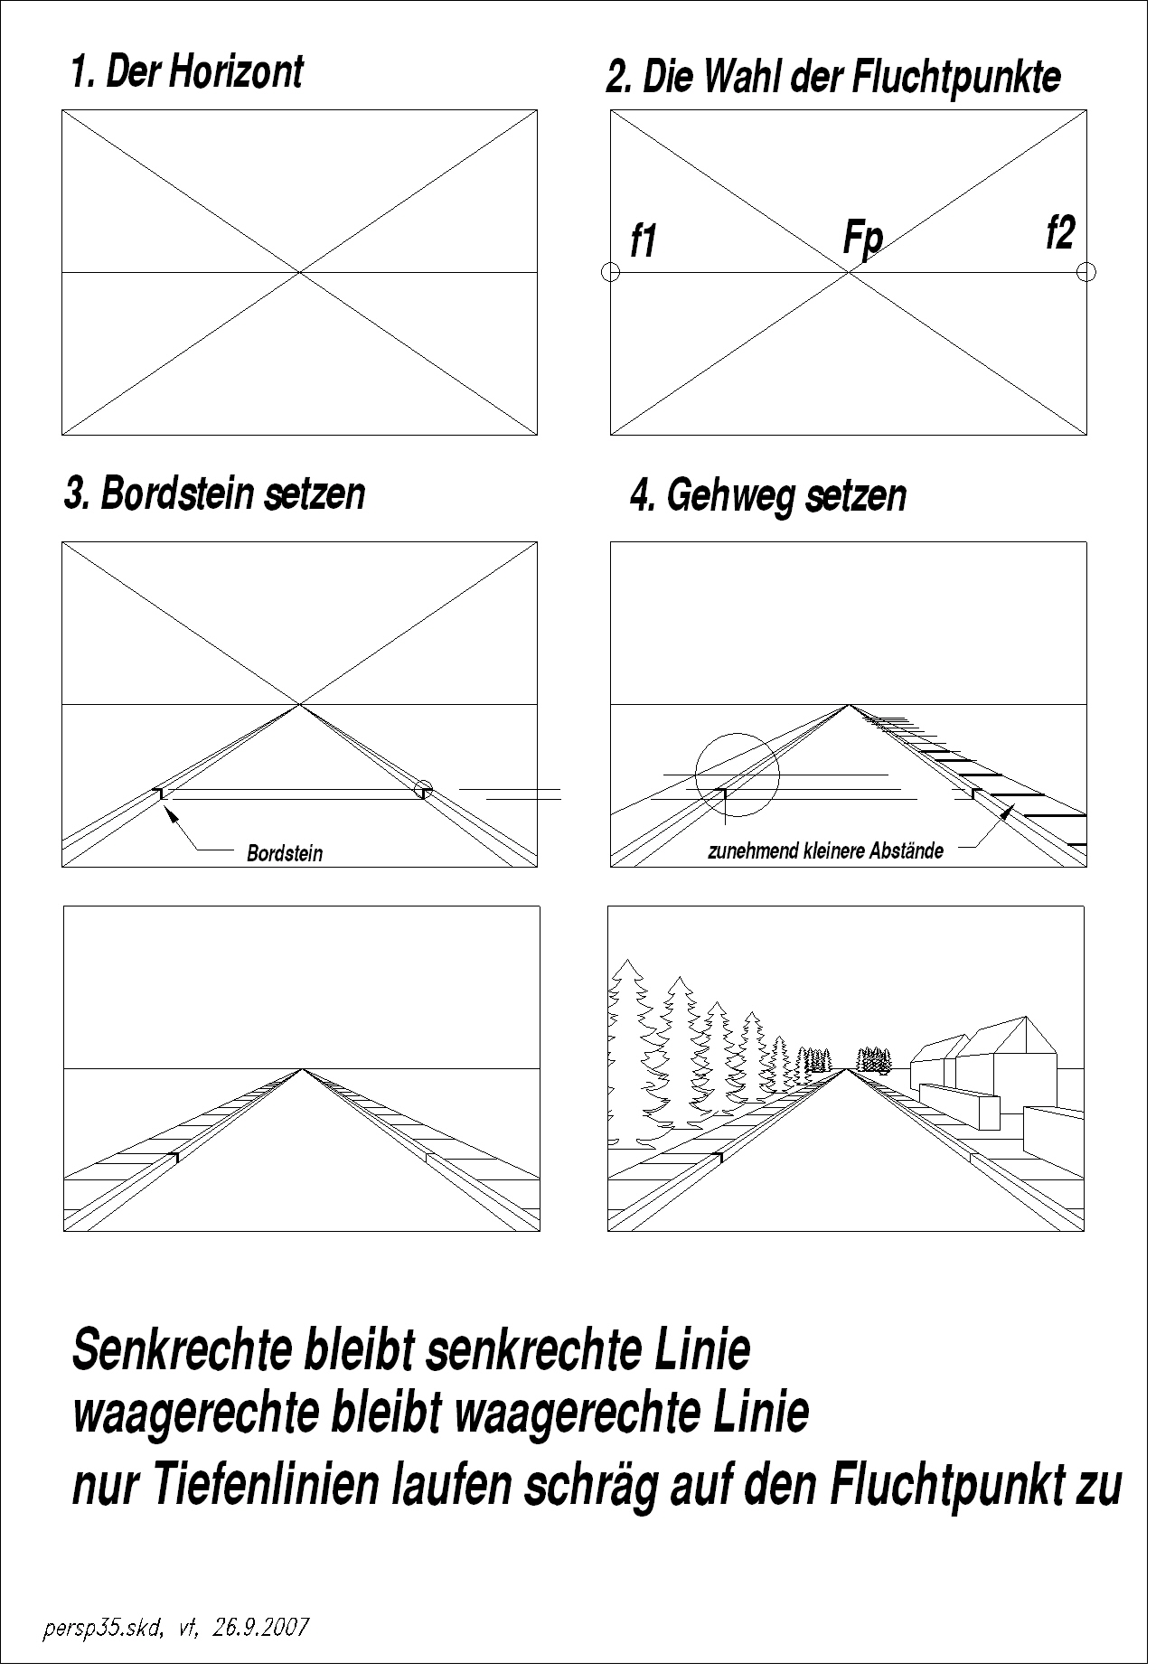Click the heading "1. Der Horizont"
[x=187, y=72]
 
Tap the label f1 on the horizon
[x=643, y=242]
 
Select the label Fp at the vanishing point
[x=861, y=239]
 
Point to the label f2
[x=1060, y=233]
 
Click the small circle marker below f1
[x=610, y=271]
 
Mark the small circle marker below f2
[x=1086, y=271]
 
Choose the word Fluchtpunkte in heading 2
[x=956, y=78]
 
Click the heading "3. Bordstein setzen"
[x=215, y=494]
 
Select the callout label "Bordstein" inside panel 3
[x=285, y=852]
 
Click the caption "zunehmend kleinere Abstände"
[x=825, y=850]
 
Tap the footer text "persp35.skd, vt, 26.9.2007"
[x=176, y=1628]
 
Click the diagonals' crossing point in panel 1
[x=300, y=271]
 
